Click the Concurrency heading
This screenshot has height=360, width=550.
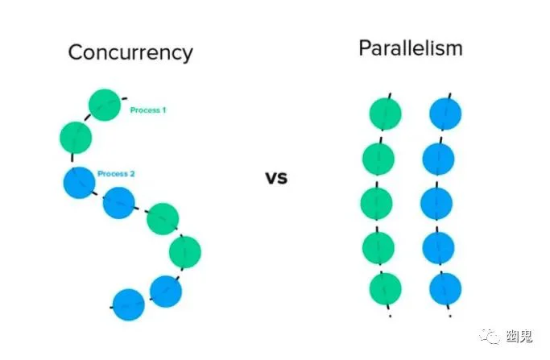pos(130,53)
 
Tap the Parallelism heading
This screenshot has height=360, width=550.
pos(411,48)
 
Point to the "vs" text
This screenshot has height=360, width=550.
pos(276,177)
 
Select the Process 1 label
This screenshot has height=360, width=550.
pos(147,110)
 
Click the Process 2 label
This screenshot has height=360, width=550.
pos(116,174)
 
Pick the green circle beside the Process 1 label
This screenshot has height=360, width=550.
pos(105,105)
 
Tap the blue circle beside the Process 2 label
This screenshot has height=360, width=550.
pos(79,183)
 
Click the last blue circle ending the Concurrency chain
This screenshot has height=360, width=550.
pos(129,304)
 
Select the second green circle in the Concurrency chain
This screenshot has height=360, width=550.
pos(76,138)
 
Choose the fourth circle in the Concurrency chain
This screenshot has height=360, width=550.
pos(119,203)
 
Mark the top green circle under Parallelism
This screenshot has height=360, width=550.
pos(386,114)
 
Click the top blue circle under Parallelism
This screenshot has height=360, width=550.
pos(445,114)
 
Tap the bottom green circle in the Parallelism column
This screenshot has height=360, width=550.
pos(386,289)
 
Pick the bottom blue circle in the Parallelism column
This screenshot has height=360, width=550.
pos(445,289)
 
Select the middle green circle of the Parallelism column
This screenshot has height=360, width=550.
pos(377,204)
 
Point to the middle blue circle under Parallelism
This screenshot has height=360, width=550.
pos(436,204)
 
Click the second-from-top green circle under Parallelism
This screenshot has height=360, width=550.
pos(378,159)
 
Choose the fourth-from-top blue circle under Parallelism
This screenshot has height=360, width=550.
pos(438,248)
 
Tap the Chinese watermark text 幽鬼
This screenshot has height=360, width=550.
pos(519,337)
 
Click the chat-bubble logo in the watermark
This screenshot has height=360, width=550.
pos(490,337)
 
